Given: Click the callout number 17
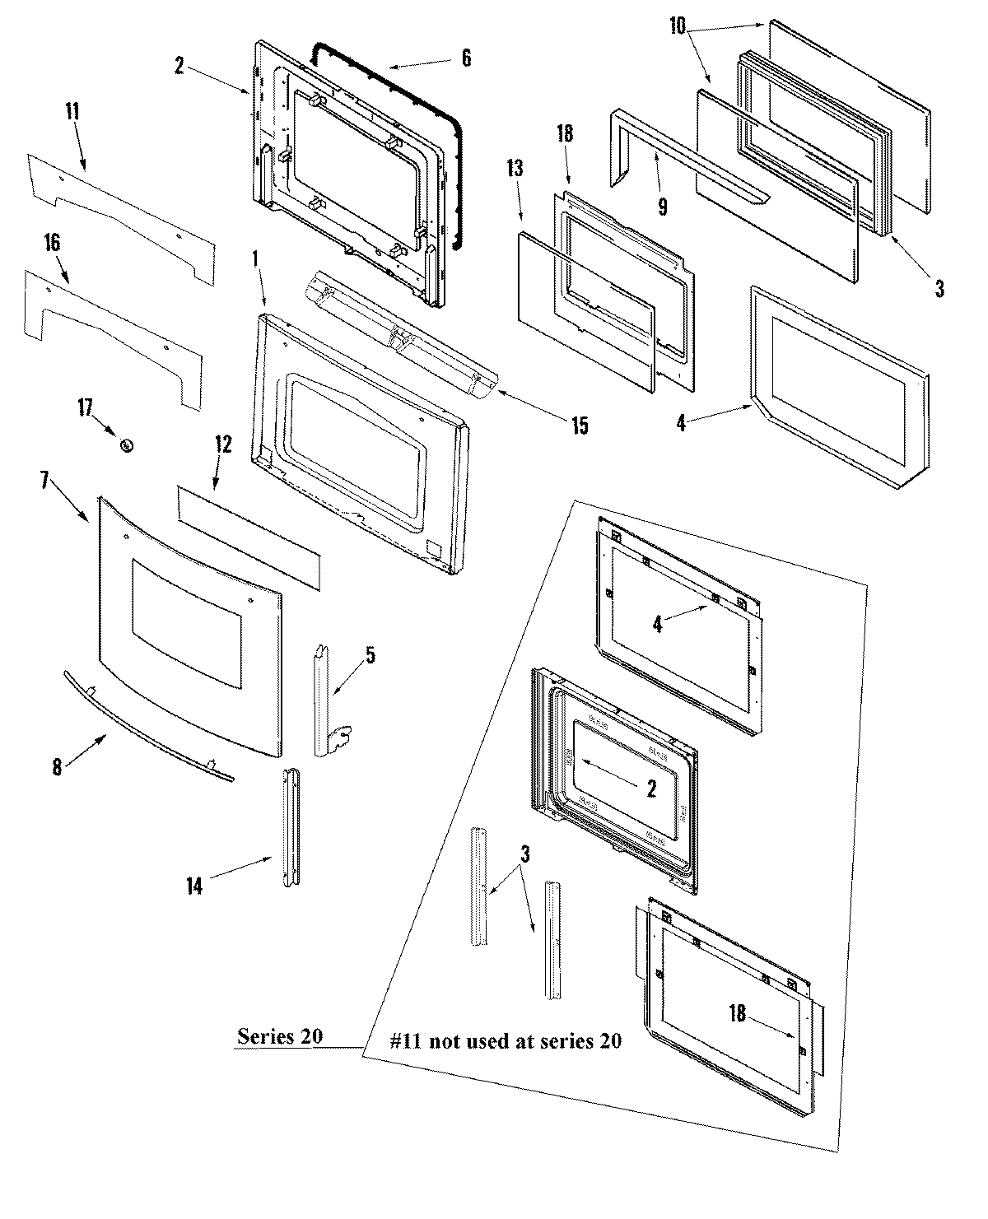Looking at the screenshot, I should click(x=86, y=407).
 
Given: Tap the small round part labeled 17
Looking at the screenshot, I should click(x=127, y=444).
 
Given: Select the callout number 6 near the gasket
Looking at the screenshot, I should click(x=466, y=58).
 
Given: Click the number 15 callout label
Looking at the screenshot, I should click(x=580, y=426).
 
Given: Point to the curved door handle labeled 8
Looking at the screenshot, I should click(x=148, y=729).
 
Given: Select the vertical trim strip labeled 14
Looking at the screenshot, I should click(x=291, y=827).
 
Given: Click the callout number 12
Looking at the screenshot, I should click(x=224, y=445).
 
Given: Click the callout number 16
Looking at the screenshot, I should click(x=52, y=243).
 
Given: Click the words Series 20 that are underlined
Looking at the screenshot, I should click(x=279, y=1036).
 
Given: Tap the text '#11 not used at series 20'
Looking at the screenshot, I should click(x=505, y=1040).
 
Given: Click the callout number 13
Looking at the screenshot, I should click(x=515, y=170).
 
